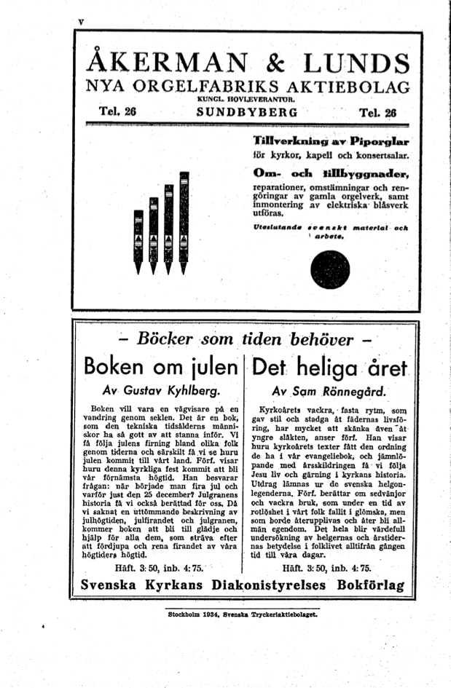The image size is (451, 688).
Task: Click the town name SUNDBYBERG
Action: [247, 113]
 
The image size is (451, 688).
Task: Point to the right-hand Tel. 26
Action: [377, 113]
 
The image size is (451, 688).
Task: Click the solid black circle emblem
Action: [329, 270]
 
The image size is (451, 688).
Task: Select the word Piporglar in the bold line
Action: [380, 141]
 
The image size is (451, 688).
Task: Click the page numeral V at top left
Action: [81, 23]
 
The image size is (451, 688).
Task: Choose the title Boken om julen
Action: [162, 365]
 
